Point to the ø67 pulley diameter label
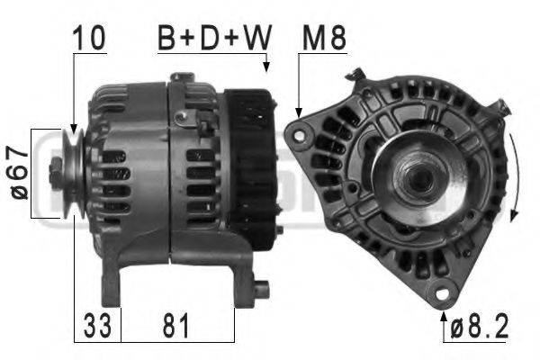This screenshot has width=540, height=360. click(19, 173)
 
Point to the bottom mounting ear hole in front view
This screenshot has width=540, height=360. click(442, 292)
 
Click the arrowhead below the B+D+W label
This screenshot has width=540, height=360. click(267, 67)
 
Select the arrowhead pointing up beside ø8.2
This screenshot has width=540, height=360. click(444, 315)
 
